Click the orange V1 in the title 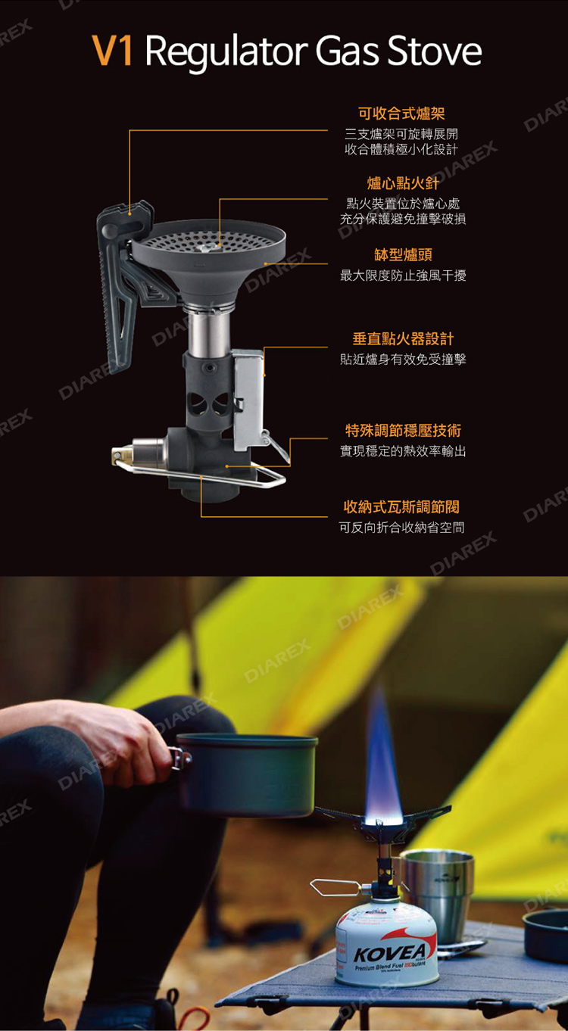pyautogui.click(x=112, y=51)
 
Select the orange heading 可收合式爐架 pyautogui.click(x=401, y=114)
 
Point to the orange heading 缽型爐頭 pyautogui.click(x=403, y=254)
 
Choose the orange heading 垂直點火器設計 pyautogui.click(x=403, y=339)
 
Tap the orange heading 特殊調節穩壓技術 pyautogui.click(x=403, y=431)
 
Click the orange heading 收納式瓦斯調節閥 pyautogui.click(x=401, y=506)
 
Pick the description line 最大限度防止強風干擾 pyautogui.click(x=403, y=276)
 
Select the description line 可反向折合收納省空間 pyautogui.click(x=401, y=527)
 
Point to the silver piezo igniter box pyautogui.click(x=248, y=398)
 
